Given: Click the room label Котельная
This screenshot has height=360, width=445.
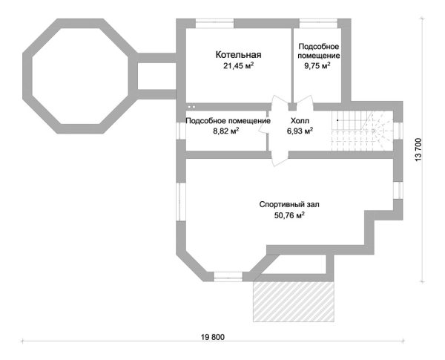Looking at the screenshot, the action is pyautogui.click(x=238, y=54).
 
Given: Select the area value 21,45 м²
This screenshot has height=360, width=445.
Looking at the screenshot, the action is pyautogui.click(x=238, y=66).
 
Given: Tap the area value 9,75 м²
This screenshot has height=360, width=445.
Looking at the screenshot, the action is pyautogui.click(x=317, y=66).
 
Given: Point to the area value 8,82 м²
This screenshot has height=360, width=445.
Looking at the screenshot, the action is pyautogui.click(x=226, y=131).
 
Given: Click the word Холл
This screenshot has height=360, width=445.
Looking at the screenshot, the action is pyautogui.click(x=300, y=121).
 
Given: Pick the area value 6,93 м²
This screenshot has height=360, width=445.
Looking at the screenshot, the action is pyautogui.click(x=300, y=131).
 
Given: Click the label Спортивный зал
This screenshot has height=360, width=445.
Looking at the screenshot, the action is pyautogui.click(x=289, y=205).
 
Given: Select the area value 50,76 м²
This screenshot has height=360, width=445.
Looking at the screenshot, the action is pyautogui.click(x=289, y=215).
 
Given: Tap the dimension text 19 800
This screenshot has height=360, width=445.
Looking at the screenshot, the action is pyautogui.click(x=213, y=337).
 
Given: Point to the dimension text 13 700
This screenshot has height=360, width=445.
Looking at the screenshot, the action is pyautogui.click(x=418, y=150).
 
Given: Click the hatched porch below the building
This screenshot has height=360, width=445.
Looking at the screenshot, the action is pyautogui.click(x=294, y=301).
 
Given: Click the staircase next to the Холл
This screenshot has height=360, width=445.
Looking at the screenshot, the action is pyautogui.click(x=363, y=131).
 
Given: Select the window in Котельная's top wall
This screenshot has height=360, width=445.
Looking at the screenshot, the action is pyautogui.click(x=215, y=23).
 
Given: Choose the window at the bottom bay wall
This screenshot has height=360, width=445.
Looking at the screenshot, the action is pyautogui.click(x=228, y=277).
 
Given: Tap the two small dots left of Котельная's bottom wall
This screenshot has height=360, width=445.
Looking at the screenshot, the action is pyautogui.click(x=191, y=107).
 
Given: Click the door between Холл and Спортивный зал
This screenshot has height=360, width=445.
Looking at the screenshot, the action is pyautogui.click(x=280, y=159).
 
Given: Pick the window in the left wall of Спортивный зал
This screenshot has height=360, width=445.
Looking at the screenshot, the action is pyautogui.click(x=181, y=201).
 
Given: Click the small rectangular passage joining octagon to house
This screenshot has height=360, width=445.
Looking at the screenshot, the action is pyautogui.click(x=156, y=76).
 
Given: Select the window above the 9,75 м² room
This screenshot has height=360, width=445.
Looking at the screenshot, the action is pyautogui.click(x=319, y=23).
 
